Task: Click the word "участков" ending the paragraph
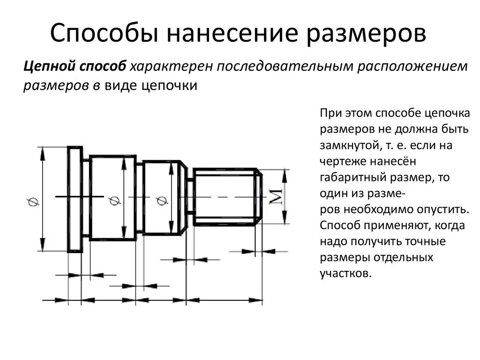point(346,273)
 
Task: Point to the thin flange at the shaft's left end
point(75,200)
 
